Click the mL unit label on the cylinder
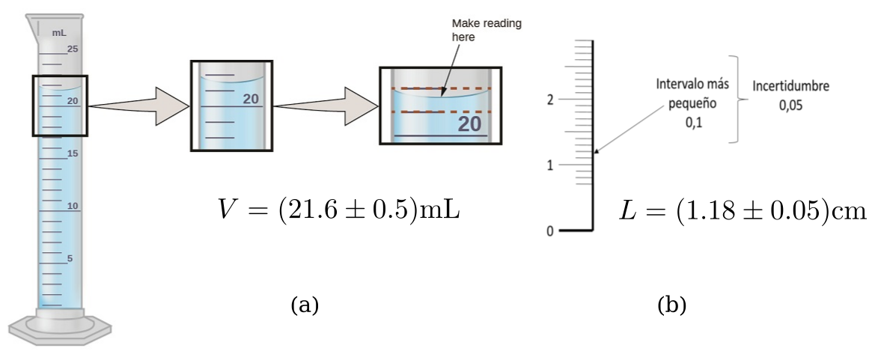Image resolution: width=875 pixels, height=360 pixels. point(59,33)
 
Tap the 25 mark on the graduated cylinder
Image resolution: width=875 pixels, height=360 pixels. point(73,49)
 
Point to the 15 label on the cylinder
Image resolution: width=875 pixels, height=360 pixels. point(73,153)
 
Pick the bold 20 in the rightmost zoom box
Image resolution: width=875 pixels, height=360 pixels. point(469,124)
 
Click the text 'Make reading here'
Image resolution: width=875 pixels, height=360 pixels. point(487,29)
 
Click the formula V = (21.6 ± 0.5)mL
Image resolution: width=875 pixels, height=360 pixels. point(337,210)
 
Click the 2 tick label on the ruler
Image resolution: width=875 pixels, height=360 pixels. point(550,99)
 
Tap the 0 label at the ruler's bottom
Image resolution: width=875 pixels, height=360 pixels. point(550,231)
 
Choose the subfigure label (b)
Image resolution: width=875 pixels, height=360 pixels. point(671,305)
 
